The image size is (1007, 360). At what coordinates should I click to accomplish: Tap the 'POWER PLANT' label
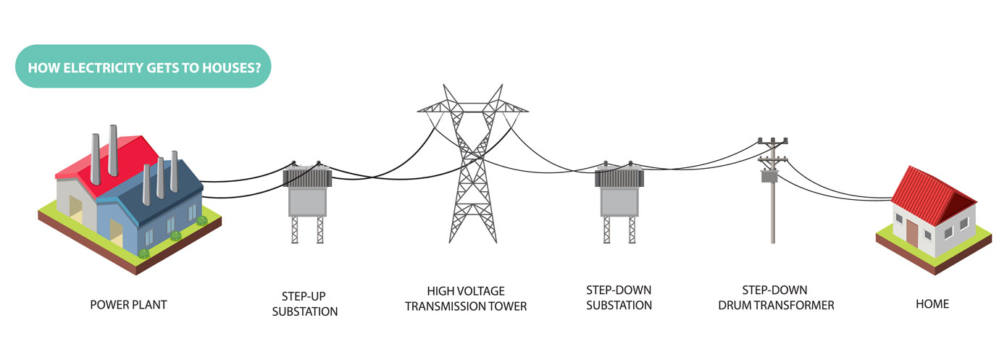(x=128, y=305)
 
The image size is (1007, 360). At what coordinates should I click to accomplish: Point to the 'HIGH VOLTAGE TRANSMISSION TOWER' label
(x=465, y=298)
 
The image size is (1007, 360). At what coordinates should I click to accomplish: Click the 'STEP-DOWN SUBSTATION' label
(x=619, y=298)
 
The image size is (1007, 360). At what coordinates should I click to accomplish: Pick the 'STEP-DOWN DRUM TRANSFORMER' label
(x=776, y=298)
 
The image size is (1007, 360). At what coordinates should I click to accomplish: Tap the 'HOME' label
(x=932, y=305)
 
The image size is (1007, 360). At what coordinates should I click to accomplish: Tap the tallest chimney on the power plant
(x=113, y=149)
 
